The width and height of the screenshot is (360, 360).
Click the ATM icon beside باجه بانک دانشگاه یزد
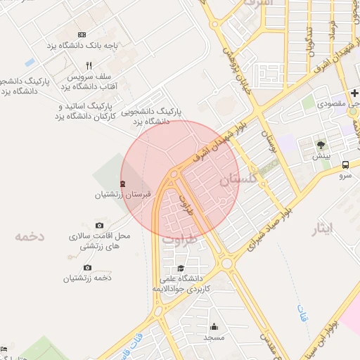point(82,34)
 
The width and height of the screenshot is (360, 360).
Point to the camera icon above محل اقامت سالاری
point(98,225)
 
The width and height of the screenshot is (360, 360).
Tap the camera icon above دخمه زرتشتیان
point(87,268)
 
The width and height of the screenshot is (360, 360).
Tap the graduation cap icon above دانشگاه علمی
point(181,269)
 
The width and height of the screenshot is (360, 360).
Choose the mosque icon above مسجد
point(214,327)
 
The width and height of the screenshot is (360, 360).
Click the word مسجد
point(214,338)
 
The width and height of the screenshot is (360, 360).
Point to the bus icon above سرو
point(345,165)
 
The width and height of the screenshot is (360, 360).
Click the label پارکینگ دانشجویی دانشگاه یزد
point(152,116)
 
